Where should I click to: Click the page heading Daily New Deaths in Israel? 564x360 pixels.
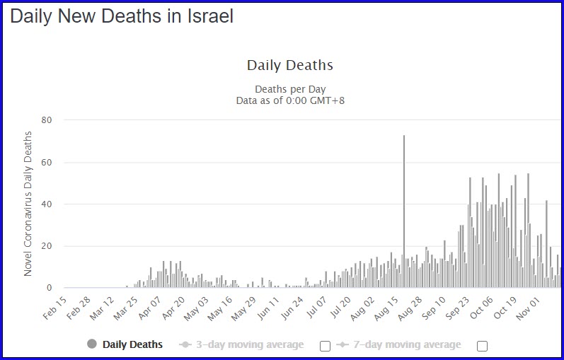pos(122,16)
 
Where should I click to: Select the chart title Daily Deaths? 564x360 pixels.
pos(290,65)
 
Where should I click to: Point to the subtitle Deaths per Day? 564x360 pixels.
pos(290,89)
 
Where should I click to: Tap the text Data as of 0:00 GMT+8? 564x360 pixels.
pos(290,100)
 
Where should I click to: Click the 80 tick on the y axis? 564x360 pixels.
pos(47,120)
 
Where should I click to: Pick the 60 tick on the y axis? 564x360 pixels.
pos(47,162)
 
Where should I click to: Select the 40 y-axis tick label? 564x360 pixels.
pos(47,204)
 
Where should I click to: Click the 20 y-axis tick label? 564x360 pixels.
pos(47,246)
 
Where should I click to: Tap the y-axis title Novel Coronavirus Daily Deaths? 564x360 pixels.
pos(28,204)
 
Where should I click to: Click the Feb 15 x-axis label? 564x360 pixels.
pos(55,308)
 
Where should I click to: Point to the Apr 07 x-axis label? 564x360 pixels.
pos(149,308)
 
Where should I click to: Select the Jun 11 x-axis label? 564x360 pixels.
pos(268,308)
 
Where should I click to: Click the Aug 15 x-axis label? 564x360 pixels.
pos(386,308)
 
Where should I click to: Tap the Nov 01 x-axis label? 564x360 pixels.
pos(528,308)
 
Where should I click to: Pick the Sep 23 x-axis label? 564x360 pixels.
pos(457,308)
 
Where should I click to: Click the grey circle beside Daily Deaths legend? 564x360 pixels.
pos(92,344)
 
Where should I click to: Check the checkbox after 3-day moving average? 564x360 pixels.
pos(325,346)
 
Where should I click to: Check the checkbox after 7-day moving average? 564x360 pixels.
pos(482,346)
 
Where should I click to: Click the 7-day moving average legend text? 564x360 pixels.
pos(407,344)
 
